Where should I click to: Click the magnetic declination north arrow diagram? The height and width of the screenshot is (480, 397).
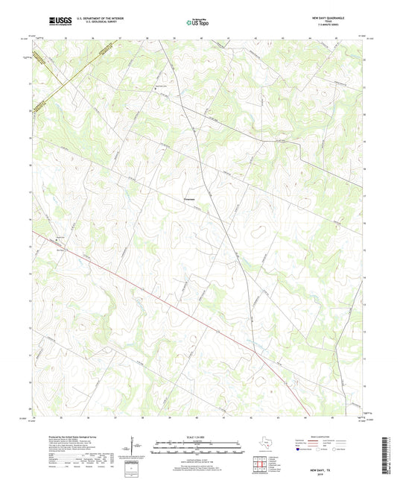pos(136,447)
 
